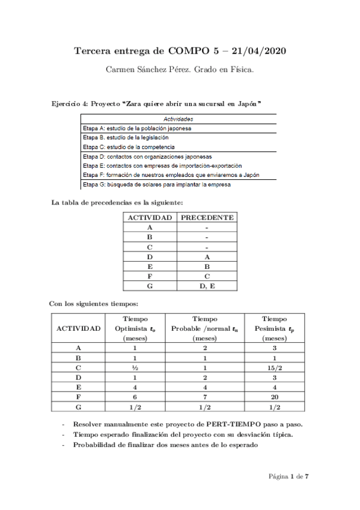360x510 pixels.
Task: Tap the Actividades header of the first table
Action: pyautogui.click(x=178, y=119)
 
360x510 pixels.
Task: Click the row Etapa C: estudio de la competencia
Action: pyautogui.click(x=129, y=147)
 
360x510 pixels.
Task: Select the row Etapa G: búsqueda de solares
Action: pyautogui.click(x=156, y=185)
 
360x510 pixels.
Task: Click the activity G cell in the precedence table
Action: pyautogui.click(x=149, y=286)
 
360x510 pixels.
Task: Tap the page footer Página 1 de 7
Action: pyautogui.click(x=288, y=476)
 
